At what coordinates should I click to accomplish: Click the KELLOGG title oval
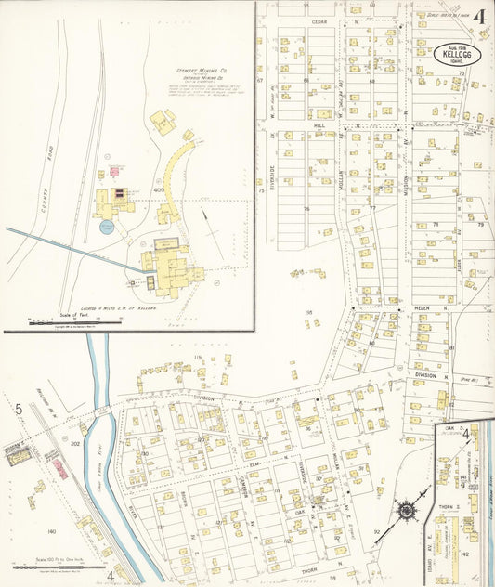coord(457,54)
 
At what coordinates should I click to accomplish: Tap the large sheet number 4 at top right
coord(478,17)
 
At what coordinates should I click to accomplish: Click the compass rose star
coord(406,511)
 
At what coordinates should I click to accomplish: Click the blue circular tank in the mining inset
coord(107,227)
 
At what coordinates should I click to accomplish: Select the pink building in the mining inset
coord(115,171)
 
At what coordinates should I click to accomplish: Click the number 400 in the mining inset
coord(159,189)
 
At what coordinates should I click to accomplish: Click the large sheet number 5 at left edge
coord(18,409)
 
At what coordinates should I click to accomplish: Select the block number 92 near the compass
coord(377,532)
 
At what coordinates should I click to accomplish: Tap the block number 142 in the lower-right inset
coord(463,554)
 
